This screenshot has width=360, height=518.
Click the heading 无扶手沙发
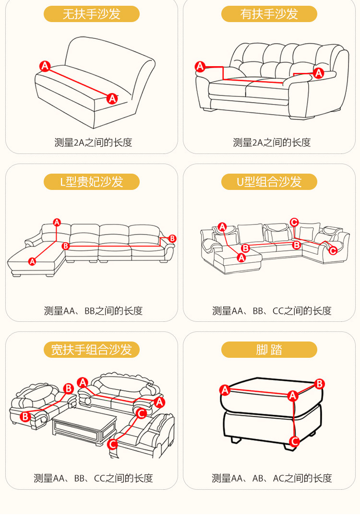(91, 14)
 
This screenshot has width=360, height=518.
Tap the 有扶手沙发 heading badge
(269, 14)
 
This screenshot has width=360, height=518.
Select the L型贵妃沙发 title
(91, 182)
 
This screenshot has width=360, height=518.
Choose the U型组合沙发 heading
(269, 182)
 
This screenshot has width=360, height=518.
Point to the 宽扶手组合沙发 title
(91, 350)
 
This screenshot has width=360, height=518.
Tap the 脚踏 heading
(269, 350)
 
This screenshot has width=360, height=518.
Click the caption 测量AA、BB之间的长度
(93, 310)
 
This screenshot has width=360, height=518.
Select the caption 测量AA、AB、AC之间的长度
(272, 478)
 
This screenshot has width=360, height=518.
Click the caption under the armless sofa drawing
(93, 142)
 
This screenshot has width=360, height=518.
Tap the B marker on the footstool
(320, 384)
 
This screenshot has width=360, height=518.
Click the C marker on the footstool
(295, 441)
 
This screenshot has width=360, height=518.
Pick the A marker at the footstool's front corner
(292, 396)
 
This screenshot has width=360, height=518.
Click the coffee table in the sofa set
(84, 424)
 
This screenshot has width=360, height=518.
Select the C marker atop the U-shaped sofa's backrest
(294, 222)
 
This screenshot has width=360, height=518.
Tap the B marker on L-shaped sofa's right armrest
(172, 238)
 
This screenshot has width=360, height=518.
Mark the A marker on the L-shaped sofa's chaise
(32, 261)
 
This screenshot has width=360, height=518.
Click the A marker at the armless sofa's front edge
(112, 99)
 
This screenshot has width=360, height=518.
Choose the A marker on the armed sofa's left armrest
(200, 67)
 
